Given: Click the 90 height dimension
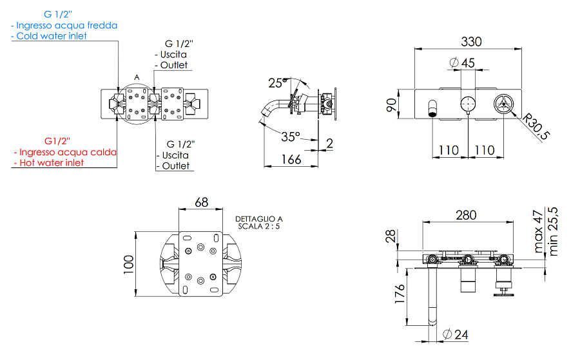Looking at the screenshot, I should pos(391,105).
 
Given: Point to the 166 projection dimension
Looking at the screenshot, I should pos(291,158).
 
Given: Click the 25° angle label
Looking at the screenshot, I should pos(276,83).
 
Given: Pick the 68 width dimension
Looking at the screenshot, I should pos(201,202).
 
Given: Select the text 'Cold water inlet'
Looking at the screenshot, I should pos(52,36).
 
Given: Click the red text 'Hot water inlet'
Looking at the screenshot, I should pos(52,163).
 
